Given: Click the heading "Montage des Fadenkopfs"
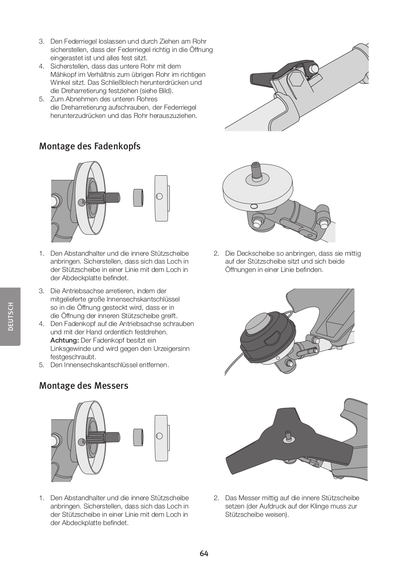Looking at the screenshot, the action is tap(89, 146).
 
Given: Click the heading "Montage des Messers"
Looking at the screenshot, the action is tap(83, 386).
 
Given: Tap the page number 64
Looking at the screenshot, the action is tap(204, 554).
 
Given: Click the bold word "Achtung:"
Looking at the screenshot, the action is tap(65, 340).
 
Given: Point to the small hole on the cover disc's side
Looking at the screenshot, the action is tap(254, 206).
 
